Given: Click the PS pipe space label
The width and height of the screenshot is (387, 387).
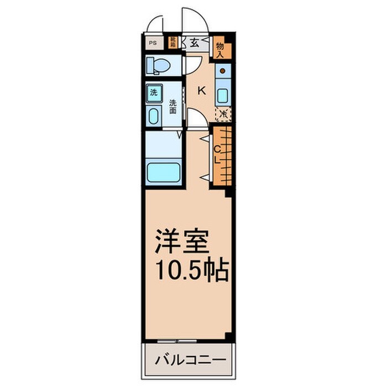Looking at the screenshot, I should (x=151, y=42).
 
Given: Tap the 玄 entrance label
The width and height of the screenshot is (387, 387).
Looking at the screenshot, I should (x=195, y=43).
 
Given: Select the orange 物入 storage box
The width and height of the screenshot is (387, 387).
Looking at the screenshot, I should (x=220, y=49).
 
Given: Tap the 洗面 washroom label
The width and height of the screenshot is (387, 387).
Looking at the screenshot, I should (x=173, y=106).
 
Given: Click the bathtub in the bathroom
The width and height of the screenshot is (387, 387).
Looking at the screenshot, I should (x=163, y=172).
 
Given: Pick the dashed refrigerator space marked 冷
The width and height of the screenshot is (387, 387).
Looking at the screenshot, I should (x=223, y=113).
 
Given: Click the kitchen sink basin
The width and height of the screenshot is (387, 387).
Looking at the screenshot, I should (x=222, y=95).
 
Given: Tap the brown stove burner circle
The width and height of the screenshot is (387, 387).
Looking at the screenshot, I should (x=222, y=71).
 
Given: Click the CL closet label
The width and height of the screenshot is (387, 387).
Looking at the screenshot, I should (x=217, y=154).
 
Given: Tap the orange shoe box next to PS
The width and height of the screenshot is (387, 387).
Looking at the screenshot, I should (x=173, y=42).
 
